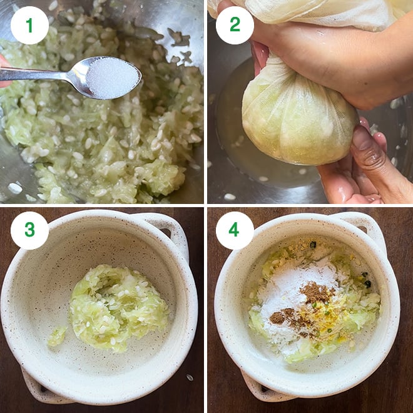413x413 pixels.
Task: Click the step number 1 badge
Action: pos(29,25)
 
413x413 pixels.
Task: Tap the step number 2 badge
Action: pos(235,25)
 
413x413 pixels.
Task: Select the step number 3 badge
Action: pos(29,230)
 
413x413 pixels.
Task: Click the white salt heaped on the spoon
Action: pos(113,76)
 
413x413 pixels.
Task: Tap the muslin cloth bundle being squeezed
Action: pos(291,119)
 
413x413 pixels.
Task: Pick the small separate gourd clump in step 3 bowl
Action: pos(57,336)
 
